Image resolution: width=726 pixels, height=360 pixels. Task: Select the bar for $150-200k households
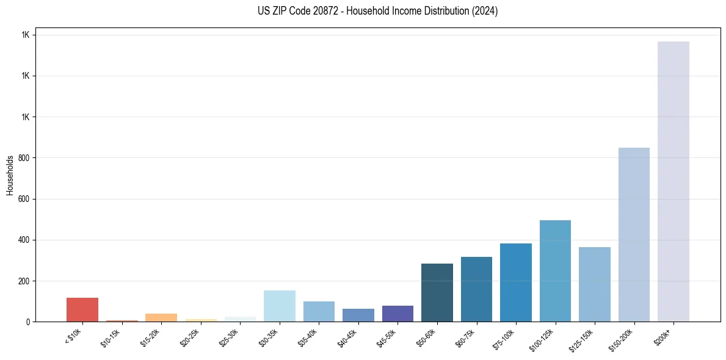pyautogui.click(x=634, y=234)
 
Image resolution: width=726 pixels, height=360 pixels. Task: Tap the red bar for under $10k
pyautogui.click(x=82, y=309)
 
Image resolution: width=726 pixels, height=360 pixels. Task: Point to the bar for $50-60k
pyautogui.click(x=437, y=292)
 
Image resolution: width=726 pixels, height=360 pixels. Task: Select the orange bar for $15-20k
pyautogui.click(x=161, y=317)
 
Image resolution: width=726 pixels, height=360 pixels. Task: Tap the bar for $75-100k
pyautogui.click(x=516, y=283)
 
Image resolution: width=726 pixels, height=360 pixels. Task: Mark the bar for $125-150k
pyautogui.click(x=595, y=284)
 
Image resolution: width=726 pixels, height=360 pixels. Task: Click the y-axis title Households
pyautogui.click(x=10, y=175)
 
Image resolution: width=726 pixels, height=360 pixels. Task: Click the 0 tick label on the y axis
pyautogui.click(x=27, y=322)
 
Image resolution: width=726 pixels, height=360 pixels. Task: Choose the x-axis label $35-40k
pyautogui.click(x=310, y=337)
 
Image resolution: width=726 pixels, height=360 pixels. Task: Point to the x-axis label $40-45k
pyautogui.click(x=349, y=337)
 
